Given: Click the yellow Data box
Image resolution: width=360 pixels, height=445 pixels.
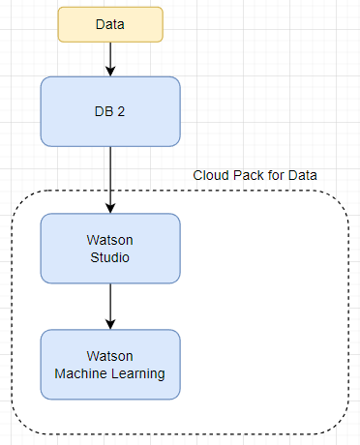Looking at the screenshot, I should [110, 24].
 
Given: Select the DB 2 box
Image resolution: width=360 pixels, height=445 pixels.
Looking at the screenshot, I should [110, 111].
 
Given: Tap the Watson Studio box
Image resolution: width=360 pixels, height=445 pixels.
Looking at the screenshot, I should [110, 248].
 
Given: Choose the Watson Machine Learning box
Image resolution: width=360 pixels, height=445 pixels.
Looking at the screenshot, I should [110, 365].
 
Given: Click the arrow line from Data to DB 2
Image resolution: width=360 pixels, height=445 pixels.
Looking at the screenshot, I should [110, 56].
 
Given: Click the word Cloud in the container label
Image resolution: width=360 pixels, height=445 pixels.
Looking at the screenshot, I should [211, 175].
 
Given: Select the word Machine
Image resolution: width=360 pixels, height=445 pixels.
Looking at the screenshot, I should [87, 373].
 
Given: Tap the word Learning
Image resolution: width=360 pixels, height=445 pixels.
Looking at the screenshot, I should [139, 373].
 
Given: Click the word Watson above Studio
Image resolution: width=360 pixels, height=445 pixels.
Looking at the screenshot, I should [110, 240].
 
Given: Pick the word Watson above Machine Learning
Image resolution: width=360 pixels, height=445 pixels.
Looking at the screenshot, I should [110, 356].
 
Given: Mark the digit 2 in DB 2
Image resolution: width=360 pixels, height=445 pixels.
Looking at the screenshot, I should [122, 111].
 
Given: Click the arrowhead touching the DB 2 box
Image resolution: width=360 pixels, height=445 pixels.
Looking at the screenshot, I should [110, 72].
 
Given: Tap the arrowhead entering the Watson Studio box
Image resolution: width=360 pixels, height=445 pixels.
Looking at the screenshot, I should [110, 208].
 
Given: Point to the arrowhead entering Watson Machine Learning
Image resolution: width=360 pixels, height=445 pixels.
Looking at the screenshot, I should [110, 324].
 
